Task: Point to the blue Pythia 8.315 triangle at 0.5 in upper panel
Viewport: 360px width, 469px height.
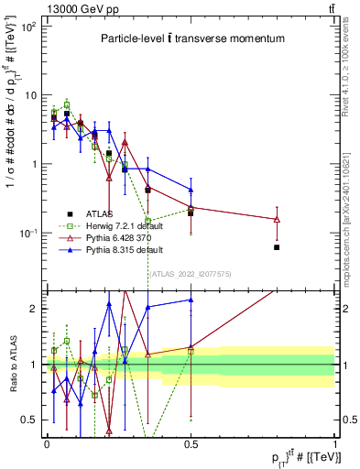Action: point(191,191)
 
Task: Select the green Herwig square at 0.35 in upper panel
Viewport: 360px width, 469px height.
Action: point(147,220)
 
